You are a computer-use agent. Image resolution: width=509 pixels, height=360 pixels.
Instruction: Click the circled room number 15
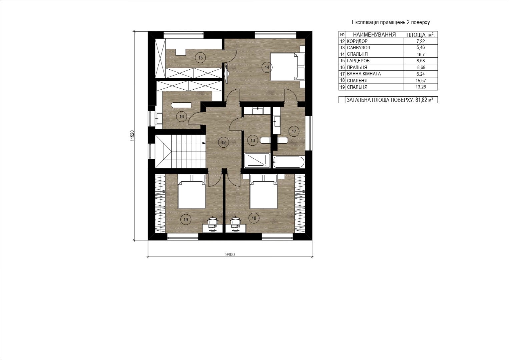tap(200, 58)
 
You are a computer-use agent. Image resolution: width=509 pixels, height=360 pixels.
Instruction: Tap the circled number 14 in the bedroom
tap(267, 67)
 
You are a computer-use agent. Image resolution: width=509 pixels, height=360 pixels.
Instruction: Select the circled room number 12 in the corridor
tap(223, 142)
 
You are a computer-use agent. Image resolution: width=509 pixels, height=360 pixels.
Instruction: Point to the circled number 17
tap(294, 131)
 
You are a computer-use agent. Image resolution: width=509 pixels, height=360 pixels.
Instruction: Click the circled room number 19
tap(186, 219)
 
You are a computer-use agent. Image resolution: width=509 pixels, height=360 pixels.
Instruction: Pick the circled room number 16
tap(181, 117)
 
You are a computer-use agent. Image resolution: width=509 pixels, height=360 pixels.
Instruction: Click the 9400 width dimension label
tap(230, 254)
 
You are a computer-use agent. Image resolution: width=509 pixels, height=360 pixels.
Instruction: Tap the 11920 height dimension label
tap(132, 136)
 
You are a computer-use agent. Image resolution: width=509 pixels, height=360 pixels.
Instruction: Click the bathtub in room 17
tap(289, 162)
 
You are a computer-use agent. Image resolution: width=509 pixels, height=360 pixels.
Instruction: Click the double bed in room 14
tap(287, 67)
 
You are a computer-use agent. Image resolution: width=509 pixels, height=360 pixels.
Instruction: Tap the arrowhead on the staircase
tap(204, 143)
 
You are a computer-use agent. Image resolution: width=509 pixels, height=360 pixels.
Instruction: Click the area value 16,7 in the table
tap(421, 55)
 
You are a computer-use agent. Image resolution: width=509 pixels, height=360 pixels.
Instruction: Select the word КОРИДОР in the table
tap(357, 41)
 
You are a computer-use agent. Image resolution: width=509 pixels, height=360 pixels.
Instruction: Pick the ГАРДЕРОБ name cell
tap(374, 61)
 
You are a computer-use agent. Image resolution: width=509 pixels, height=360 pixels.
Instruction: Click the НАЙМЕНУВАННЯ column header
tap(374, 35)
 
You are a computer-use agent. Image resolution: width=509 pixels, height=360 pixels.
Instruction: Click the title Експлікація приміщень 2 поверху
tap(391, 22)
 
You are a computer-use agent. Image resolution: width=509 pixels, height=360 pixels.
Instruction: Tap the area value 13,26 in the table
tap(421, 87)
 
